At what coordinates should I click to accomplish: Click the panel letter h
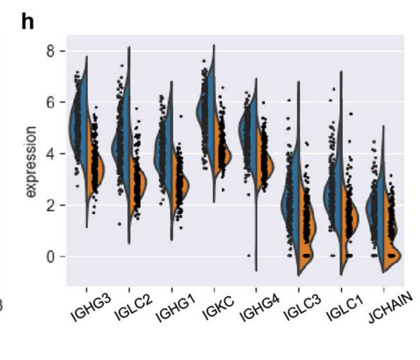(x=28, y=22)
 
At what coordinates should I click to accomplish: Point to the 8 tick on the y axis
(x=51, y=51)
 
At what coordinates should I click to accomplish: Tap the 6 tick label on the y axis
(x=51, y=102)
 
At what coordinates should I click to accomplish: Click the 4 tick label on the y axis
(x=51, y=154)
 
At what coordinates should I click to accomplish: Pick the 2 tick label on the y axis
(x=51, y=205)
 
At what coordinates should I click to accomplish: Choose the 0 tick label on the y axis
(x=51, y=256)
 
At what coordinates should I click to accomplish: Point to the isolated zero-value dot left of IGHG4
(x=248, y=256)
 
